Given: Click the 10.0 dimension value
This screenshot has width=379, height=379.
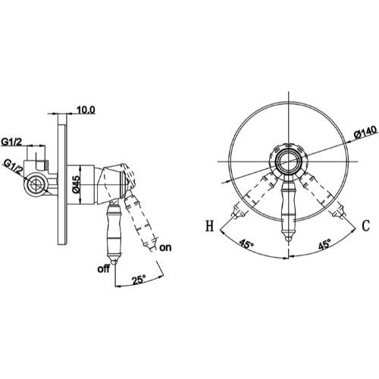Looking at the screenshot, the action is (x=86, y=110).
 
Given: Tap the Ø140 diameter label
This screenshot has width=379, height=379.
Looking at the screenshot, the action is (x=366, y=132).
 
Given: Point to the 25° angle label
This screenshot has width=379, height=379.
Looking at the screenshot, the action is (x=139, y=280).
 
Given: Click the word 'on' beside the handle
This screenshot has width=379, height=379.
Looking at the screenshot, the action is (x=165, y=247).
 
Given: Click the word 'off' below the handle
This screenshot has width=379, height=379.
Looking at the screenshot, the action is (x=104, y=268).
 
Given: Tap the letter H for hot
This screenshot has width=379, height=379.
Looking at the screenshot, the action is (x=209, y=226).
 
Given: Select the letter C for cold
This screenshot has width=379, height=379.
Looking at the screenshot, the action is (x=365, y=226).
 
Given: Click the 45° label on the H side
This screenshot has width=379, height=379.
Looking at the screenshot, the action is (x=246, y=244).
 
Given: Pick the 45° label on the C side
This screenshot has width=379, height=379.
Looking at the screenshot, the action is (x=324, y=244).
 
